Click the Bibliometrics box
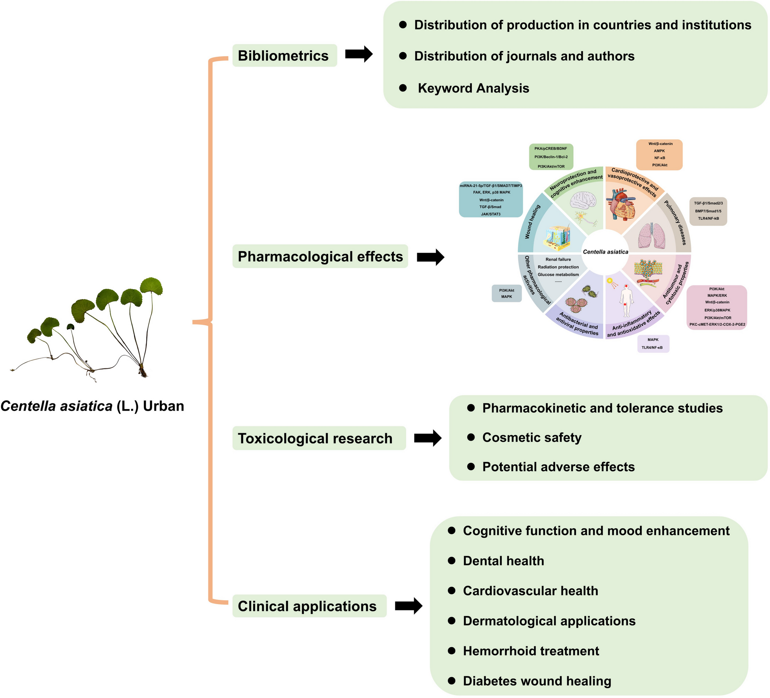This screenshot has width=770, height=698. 285,56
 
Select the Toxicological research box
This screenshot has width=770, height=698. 319,438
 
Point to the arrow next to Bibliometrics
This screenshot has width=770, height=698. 358,54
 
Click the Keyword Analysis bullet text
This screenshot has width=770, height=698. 473,88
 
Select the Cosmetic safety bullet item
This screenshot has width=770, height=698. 532,437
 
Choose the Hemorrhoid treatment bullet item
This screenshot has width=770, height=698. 531,651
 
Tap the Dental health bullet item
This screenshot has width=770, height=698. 503,560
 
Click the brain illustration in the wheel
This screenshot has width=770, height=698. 583,200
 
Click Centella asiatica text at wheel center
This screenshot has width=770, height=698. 606,252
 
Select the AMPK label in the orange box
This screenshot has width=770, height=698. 659,151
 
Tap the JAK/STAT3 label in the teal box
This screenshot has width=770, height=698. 490,214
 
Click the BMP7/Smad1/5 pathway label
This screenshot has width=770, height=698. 708,211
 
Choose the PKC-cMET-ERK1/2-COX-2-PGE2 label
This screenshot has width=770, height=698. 717,325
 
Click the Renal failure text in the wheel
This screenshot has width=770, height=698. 558,259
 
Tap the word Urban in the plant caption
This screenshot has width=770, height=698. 163,406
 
